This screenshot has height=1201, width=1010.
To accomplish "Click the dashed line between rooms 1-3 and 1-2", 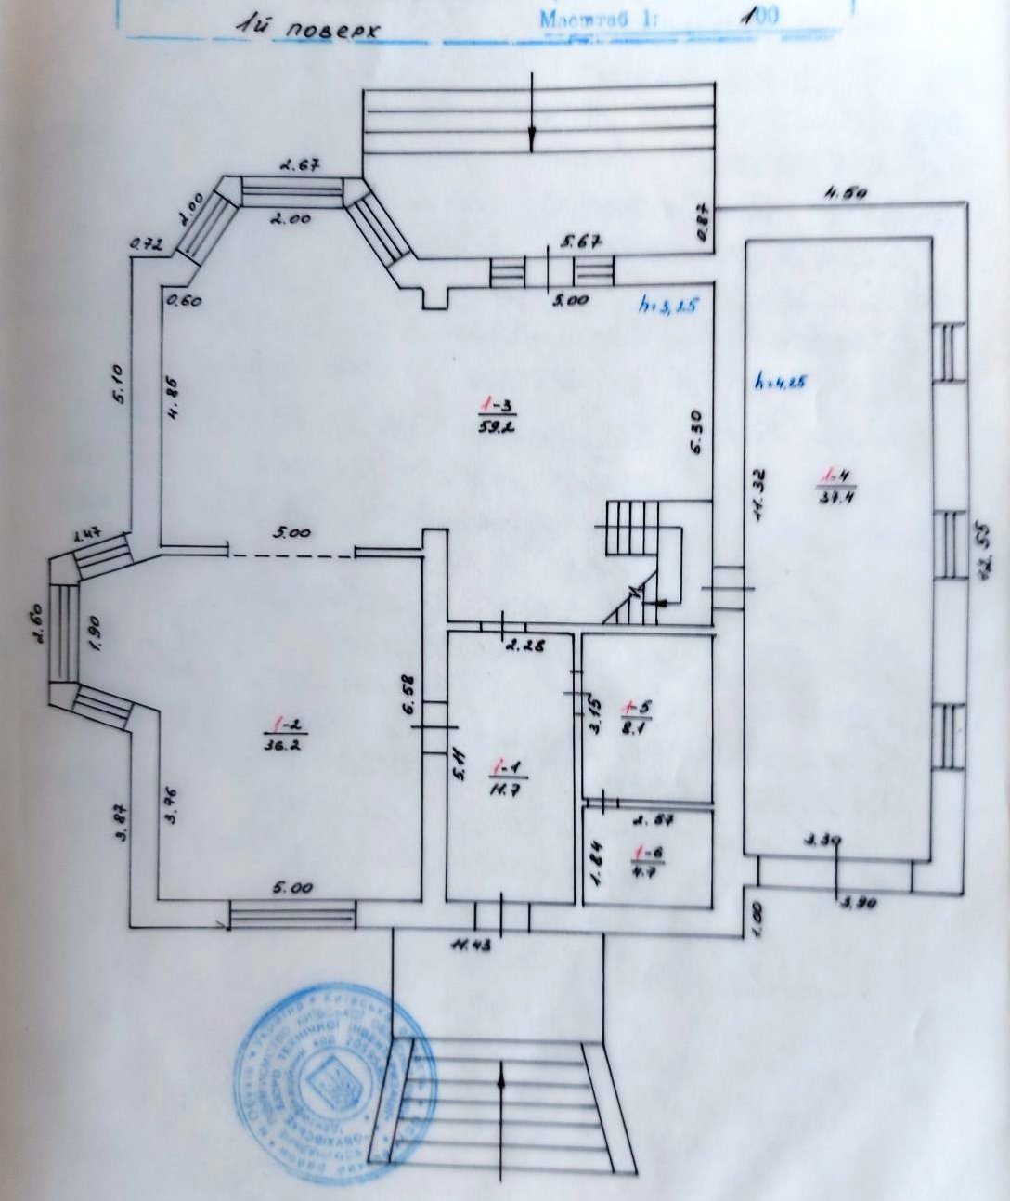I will click(291, 555).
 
